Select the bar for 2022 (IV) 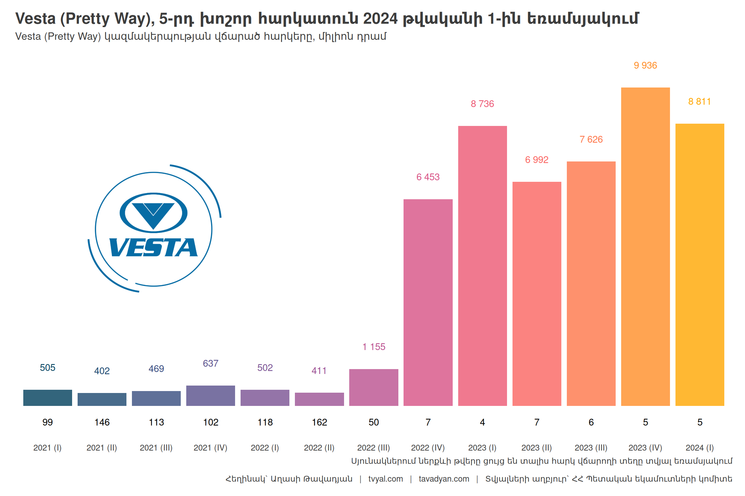(428, 302)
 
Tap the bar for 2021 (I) (48, 398)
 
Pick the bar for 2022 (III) (373, 387)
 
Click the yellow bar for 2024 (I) (699, 264)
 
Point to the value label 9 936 (645, 66)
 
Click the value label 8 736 (482, 104)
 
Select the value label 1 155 (373, 347)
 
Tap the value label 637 (211, 364)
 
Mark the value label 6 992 (536, 160)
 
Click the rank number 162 (319, 422)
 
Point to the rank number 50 (373, 422)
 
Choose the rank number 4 (482, 422)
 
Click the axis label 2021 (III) (156, 448)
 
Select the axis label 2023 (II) (536, 448)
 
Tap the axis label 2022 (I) (265, 448)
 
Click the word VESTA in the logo (153, 248)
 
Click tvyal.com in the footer (385, 479)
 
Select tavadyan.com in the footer (444, 479)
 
